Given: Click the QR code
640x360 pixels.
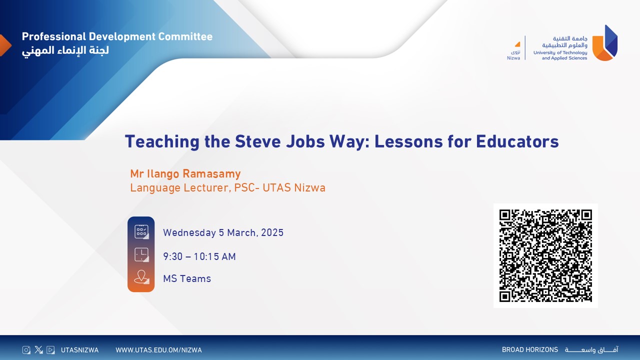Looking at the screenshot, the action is [x=545, y=255].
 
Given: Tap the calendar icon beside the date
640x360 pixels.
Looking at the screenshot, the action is [x=141, y=231].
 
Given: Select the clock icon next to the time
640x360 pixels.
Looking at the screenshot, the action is [x=141, y=255].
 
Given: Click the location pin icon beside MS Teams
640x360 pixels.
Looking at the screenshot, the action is [x=141, y=277].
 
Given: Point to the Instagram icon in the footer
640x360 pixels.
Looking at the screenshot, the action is [x=26, y=349].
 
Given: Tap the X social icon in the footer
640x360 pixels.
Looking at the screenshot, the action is [x=38, y=349].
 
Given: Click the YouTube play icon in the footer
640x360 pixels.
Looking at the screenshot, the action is [x=50, y=349].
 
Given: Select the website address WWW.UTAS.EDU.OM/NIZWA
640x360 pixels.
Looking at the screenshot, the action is [x=158, y=350].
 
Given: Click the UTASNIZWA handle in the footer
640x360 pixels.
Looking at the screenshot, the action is [x=79, y=350].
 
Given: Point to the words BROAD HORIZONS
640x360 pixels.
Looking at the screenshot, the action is [x=530, y=349].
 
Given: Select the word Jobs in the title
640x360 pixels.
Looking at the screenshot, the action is [x=305, y=141].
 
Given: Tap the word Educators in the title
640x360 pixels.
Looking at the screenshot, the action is [x=517, y=141].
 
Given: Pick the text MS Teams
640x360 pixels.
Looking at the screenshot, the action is [x=187, y=278].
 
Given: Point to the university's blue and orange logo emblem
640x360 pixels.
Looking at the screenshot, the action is [x=605, y=43].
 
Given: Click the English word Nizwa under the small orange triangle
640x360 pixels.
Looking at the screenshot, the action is [x=513, y=58].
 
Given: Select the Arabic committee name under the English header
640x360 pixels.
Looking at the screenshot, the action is [x=65, y=51].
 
